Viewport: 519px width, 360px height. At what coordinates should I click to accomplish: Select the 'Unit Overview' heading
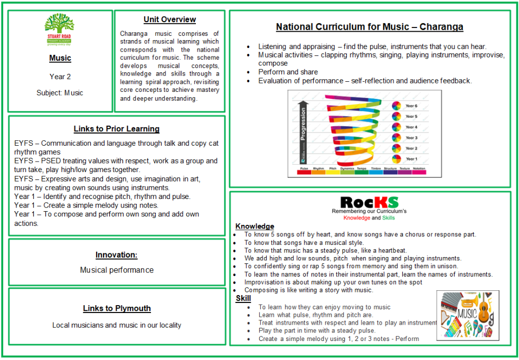pyautogui.click(x=169, y=20)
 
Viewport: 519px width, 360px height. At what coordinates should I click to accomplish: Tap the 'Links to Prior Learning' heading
pyautogui.click(x=116, y=129)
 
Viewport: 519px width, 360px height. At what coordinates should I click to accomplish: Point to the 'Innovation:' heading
pyautogui.click(x=116, y=255)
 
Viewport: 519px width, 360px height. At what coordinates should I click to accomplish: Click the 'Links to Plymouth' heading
pyautogui.click(x=117, y=308)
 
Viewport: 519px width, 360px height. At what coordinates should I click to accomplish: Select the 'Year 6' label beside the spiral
pyautogui.click(x=411, y=106)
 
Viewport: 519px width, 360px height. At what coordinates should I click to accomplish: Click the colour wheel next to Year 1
pyautogui.click(x=396, y=159)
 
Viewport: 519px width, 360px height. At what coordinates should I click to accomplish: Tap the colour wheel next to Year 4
pyautogui.click(x=396, y=127)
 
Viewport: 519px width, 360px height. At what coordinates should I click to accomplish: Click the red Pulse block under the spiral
pyautogui.click(x=304, y=172)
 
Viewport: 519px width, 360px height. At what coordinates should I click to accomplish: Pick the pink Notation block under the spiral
pyautogui.click(x=419, y=172)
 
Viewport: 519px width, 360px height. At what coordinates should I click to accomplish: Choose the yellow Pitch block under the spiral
pyautogui.click(x=333, y=172)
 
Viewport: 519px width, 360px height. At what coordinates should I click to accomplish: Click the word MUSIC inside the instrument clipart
pyautogui.click(x=467, y=315)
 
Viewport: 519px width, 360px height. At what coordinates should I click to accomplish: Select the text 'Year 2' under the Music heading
pyautogui.click(x=60, y=77)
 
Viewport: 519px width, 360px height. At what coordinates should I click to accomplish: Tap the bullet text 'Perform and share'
pyautogui.click(x=288, y=72)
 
